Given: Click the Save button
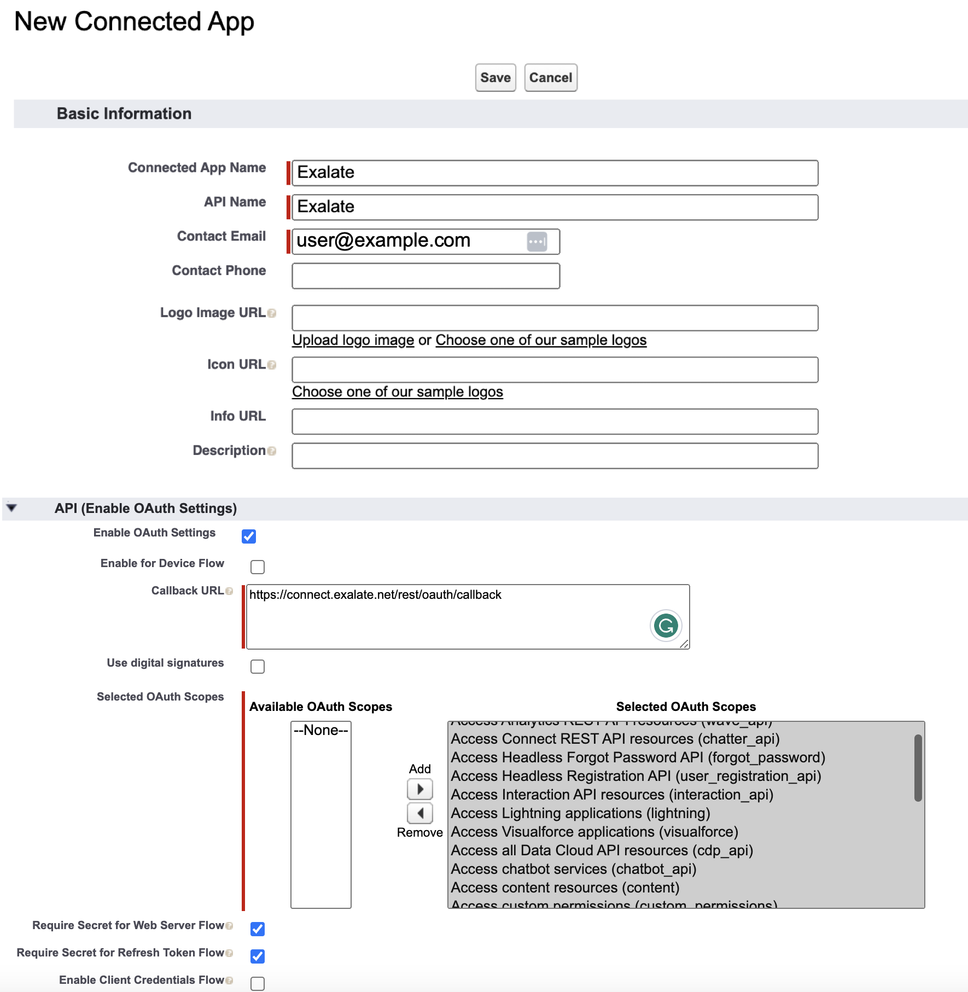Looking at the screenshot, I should pos(495,78).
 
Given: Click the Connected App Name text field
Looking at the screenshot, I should pos(555,173).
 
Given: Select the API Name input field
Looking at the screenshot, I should pos(555,207).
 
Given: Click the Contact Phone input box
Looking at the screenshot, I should pos(425,276).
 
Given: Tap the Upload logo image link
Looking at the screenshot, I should pos(353,340).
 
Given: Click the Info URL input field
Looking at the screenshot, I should pos(555,422).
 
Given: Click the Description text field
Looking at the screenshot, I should pos(555,456).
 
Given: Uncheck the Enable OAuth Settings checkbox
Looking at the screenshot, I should pos(249,536).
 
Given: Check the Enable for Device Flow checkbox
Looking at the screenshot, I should pos(258,567).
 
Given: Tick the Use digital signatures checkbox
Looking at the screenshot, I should pos(258,667).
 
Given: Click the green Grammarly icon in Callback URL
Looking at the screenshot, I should pos(666,626).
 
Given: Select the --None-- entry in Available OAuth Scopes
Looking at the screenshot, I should pos(321,731).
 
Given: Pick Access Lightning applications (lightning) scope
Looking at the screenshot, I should pos(580,814).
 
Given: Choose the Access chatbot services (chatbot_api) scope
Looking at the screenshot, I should pos(573,870).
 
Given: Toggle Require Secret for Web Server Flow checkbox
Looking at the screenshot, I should pos(258,929).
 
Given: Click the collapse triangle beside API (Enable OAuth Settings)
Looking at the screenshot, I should pos(11,508).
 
